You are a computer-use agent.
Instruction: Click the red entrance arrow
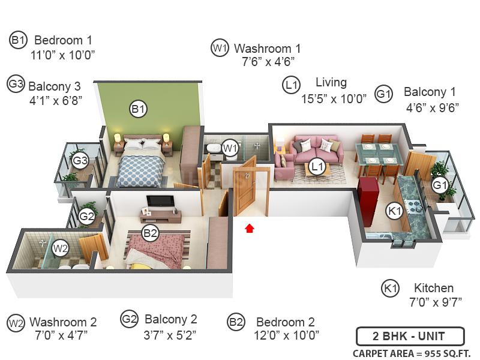250,229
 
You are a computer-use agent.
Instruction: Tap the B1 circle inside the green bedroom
139,109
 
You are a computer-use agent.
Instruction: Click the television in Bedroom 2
161,201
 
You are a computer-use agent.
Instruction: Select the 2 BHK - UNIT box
410,335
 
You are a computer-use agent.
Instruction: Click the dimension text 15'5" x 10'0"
334,99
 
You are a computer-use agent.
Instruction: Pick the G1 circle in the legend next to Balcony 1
384,94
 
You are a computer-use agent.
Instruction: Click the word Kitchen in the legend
434,288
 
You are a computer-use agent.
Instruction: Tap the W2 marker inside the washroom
60,248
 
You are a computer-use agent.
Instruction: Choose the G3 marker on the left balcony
80,161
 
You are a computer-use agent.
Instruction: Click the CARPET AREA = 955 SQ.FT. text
412,353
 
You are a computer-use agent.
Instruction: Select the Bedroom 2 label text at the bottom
286,322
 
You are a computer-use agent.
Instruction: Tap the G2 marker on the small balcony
87,217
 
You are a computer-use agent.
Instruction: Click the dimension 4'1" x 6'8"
55,100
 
